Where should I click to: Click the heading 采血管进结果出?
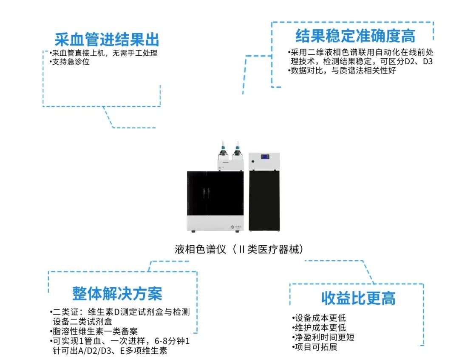(107, 40)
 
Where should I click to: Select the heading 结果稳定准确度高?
(355, 36)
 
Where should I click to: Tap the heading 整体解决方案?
(117, 293)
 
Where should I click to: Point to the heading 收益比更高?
(358, 298)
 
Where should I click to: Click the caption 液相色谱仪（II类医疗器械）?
(240, 249)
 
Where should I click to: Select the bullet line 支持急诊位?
(70, 62)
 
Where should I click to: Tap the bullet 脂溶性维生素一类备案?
(94, 331)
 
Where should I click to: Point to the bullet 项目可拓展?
(315, 347)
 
